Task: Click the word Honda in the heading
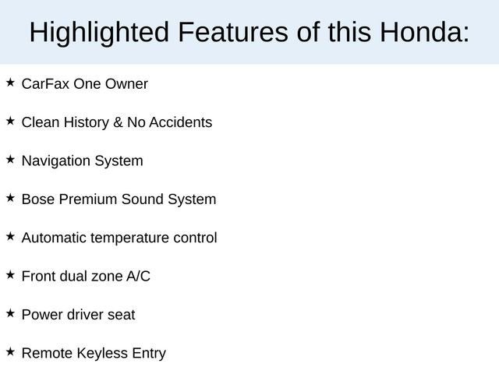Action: click(424, 33)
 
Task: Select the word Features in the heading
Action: click(231, 33)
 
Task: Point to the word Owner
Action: click(126, 83)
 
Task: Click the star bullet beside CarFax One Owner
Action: click(10, 82)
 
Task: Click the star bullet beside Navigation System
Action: click(10, 159)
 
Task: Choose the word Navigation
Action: click(56, 161)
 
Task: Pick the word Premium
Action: click(85, 199)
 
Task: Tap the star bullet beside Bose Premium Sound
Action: click(10, 198)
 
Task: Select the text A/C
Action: click(138, 276)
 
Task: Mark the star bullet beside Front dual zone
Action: click(10, 274)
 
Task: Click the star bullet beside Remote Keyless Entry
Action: click(10, 351)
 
